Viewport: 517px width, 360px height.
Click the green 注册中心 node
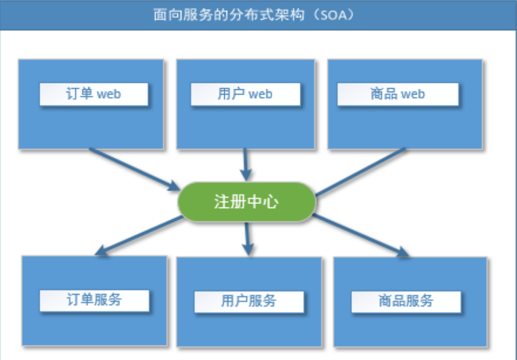pos(246,202)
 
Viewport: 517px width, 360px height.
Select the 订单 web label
pos(94,94)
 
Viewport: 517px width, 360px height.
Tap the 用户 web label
pos(245,94)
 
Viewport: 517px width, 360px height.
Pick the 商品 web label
pos(398,94)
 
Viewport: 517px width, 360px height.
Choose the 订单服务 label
pos(94,300)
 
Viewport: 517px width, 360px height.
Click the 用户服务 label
pos(249,301)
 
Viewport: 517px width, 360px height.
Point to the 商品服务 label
pos(405,301)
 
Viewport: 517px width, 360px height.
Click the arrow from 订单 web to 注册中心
pos(134,169)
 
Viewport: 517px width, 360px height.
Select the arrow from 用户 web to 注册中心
pos(245,164)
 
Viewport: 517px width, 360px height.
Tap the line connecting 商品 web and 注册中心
pos(360,171)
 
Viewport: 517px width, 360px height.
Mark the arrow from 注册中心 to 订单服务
pos(139,235)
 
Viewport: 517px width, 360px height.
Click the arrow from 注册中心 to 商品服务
pos(360,235)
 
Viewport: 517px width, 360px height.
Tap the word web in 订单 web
pos(109,94)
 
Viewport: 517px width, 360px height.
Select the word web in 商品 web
pos(413,94)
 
